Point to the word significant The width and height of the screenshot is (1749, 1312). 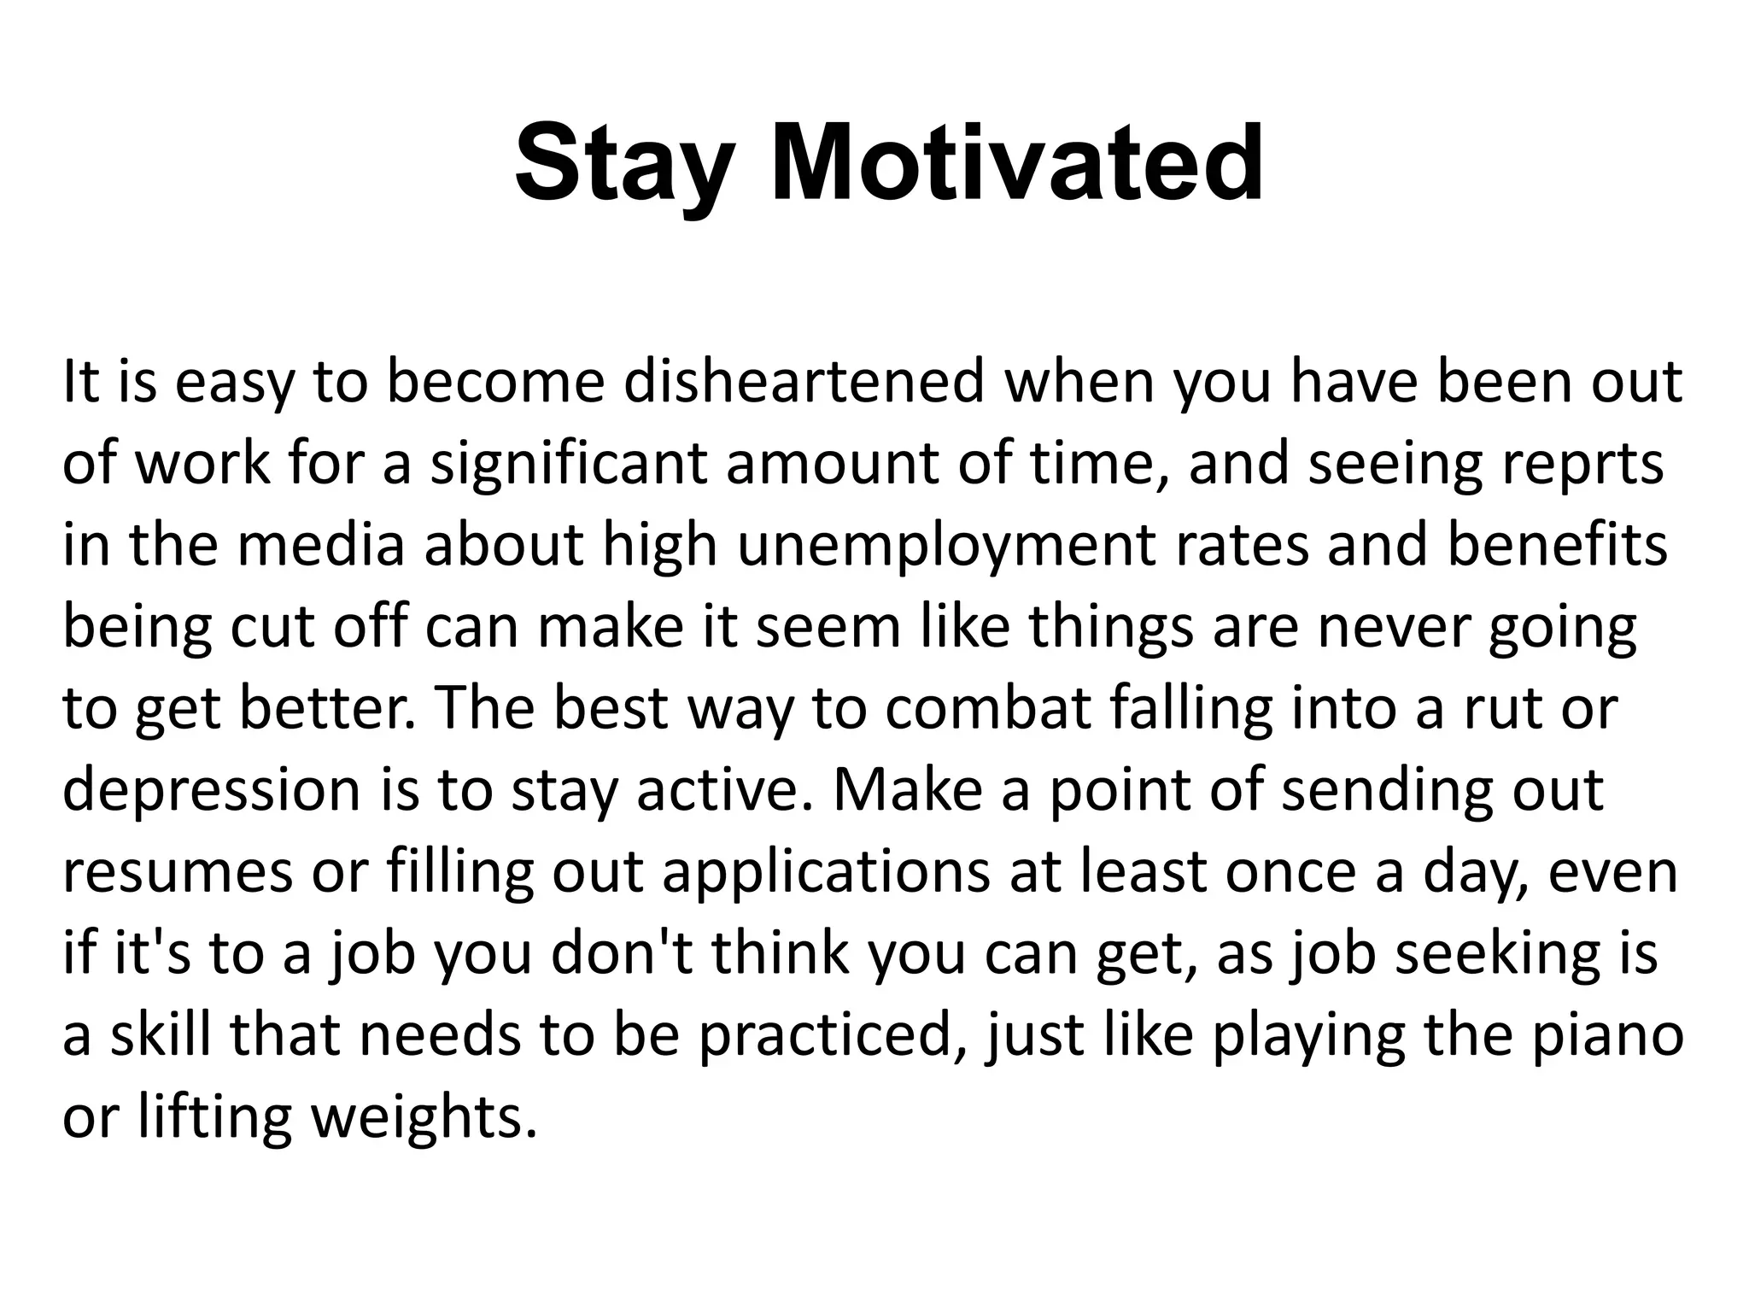569,465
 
